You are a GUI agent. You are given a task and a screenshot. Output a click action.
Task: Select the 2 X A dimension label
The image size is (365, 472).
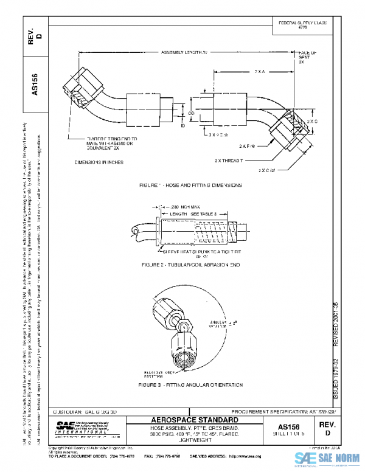[259, 71]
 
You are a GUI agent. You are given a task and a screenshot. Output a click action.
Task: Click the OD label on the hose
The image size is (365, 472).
[190, 113]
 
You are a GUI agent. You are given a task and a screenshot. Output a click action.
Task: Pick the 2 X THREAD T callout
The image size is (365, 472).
[229, 161]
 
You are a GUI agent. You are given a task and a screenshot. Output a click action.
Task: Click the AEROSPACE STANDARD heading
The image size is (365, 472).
[194, 421]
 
